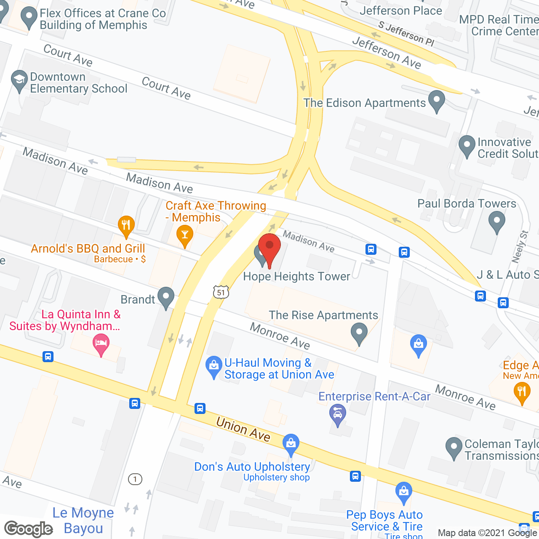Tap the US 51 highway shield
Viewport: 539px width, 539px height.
coord(221,292)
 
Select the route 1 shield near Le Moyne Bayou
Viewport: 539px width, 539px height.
coord(135,479)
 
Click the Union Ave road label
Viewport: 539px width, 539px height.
coord(243,429)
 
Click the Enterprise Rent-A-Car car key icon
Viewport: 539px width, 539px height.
coord(337,415)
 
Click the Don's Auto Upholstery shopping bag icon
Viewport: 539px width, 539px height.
coord(291,443)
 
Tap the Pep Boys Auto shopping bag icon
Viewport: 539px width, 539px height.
coord(404,491)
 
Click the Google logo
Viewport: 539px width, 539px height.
coord(29,529)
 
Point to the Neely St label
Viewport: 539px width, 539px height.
coord(519,247)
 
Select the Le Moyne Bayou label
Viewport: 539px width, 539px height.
coord(83,520)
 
